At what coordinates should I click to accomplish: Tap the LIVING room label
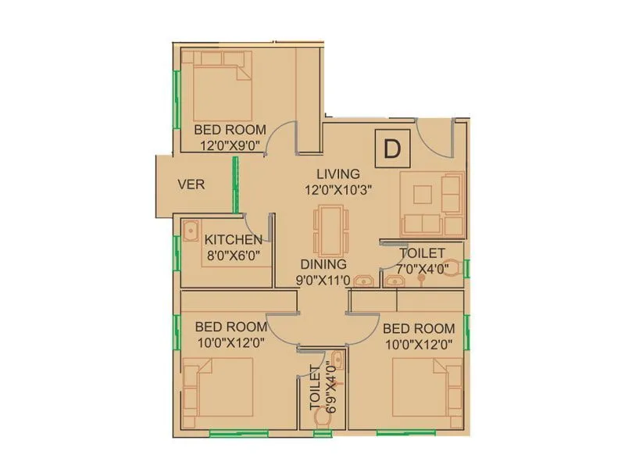click(x=337, y=174)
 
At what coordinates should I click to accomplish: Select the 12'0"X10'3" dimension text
click(x=337, y=189)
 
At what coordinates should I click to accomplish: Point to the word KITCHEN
click(x=233, y=239)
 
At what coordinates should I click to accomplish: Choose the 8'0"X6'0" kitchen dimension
click(x=232, y=255)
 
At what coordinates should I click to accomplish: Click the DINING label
click(x=323, y=264)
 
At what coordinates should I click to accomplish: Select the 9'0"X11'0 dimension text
click(x=322, y=280)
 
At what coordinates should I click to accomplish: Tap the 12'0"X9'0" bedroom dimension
click(x=230, y=145)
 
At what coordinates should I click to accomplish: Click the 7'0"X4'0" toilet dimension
click(x=422, y=269)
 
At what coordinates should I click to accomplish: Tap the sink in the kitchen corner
click(x=190, y=230)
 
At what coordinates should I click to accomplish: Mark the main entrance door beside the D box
click(x=434, y=140)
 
